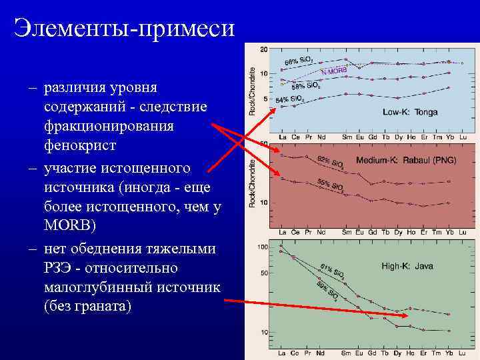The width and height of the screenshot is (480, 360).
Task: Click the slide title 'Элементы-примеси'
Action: (125, 28)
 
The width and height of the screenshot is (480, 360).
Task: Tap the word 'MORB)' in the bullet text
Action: (70, 225)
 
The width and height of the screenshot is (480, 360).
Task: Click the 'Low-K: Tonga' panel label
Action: (410, 112)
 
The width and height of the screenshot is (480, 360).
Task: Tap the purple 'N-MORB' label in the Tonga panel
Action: (334, 70)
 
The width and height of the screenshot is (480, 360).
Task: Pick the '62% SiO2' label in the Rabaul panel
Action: (331, 162)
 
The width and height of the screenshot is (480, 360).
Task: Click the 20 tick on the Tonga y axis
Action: (264, 49)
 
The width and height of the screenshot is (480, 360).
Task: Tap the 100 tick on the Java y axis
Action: (263, 247)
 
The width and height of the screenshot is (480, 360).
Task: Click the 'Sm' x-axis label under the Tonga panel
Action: (346, 137)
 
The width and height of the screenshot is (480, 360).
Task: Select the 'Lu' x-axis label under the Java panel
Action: (463, 353)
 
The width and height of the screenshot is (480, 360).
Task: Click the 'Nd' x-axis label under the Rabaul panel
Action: (321, 232)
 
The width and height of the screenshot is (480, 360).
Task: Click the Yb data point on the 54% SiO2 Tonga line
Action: (449, 87)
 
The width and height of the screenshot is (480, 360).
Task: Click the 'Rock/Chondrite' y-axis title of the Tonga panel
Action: (252, 90)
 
